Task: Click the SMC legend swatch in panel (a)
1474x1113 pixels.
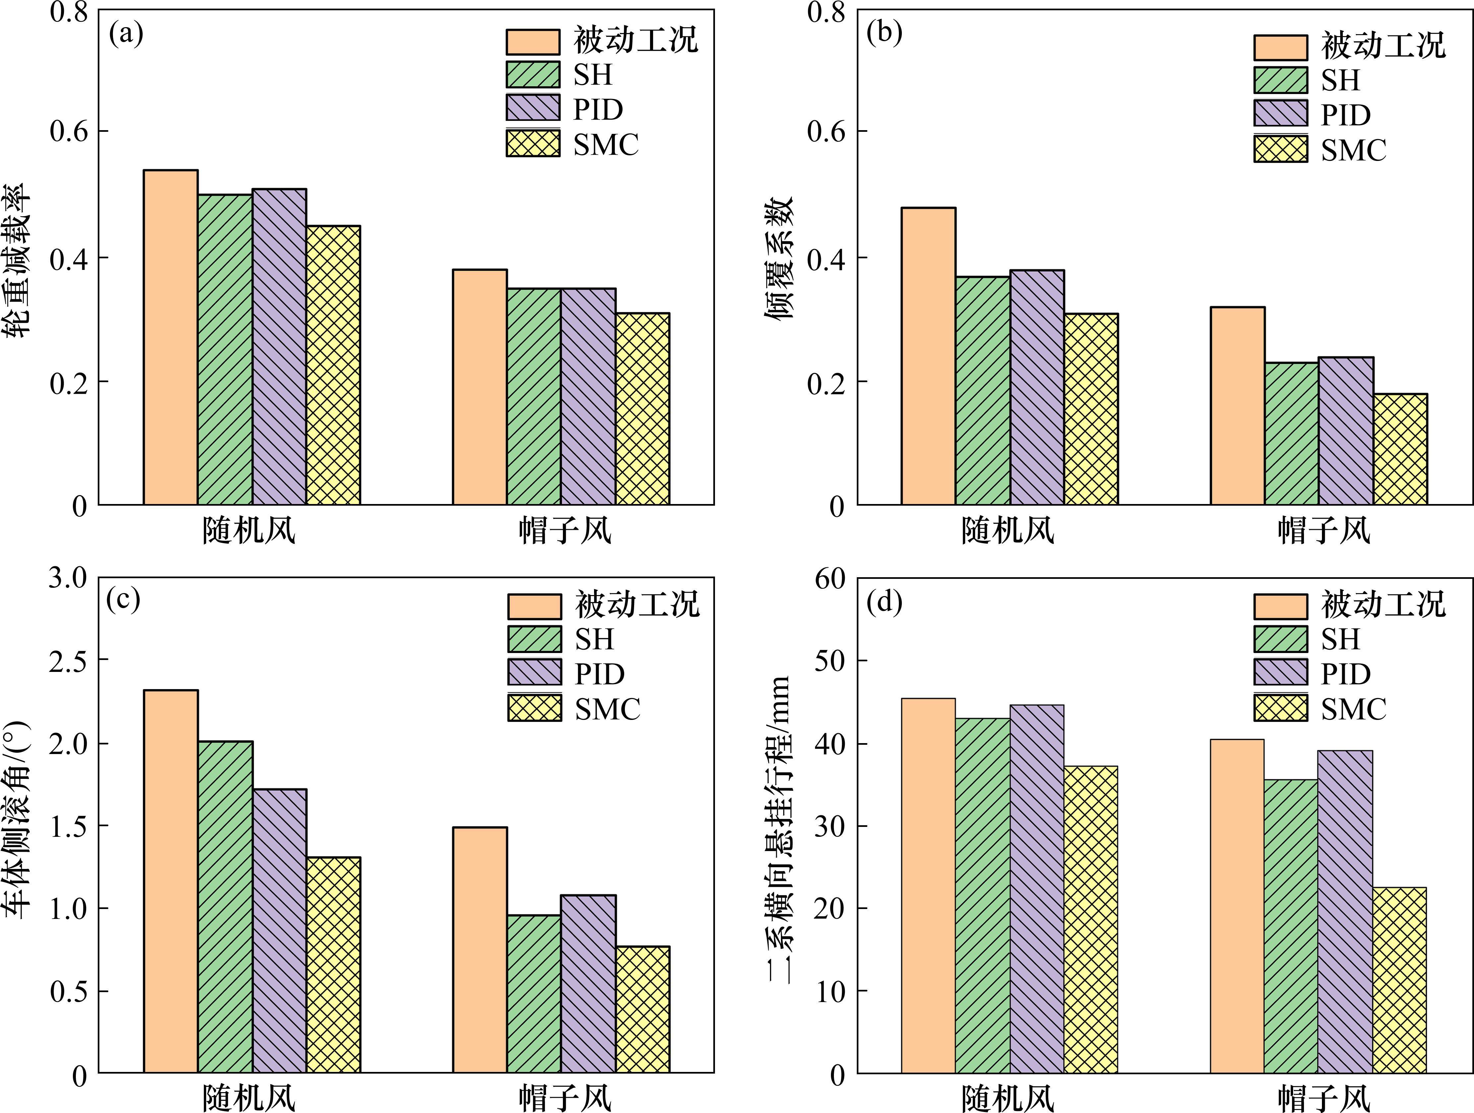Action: [533, 144]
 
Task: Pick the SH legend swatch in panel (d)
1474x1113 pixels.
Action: [1280, 639]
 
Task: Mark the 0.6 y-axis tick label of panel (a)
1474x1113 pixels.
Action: [69, 131]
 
